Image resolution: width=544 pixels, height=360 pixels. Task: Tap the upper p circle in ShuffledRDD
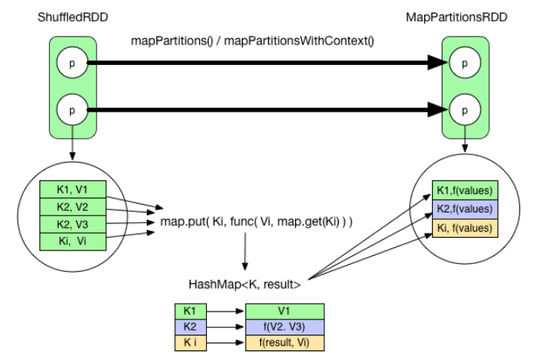72,62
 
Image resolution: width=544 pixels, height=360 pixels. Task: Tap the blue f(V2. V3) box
285,326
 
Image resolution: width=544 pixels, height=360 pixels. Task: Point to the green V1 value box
285,312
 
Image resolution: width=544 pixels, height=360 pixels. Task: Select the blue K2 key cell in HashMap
190,326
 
